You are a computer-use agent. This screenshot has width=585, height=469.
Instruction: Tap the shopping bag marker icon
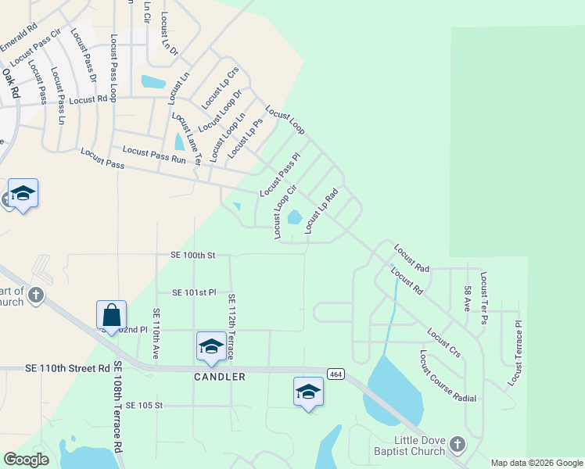[111, 315]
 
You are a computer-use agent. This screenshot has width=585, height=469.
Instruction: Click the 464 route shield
[336, 374]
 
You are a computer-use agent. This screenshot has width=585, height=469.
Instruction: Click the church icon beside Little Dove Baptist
[458, 446]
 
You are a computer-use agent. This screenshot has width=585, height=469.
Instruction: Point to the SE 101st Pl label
[193, 292]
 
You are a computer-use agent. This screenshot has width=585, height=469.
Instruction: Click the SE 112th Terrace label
[232, 327]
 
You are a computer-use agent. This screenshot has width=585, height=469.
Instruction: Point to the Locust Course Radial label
[447, 376]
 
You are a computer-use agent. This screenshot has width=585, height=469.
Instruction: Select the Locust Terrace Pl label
[517, 351]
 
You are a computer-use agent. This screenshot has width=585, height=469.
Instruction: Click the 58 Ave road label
[467, 300]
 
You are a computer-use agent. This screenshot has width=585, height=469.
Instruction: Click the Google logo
[26, 460]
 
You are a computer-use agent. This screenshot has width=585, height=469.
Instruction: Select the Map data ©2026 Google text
[536, 463]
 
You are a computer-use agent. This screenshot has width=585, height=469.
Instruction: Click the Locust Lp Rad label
[321, 211]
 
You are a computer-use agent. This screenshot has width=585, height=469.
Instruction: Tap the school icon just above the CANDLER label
[211, 347]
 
